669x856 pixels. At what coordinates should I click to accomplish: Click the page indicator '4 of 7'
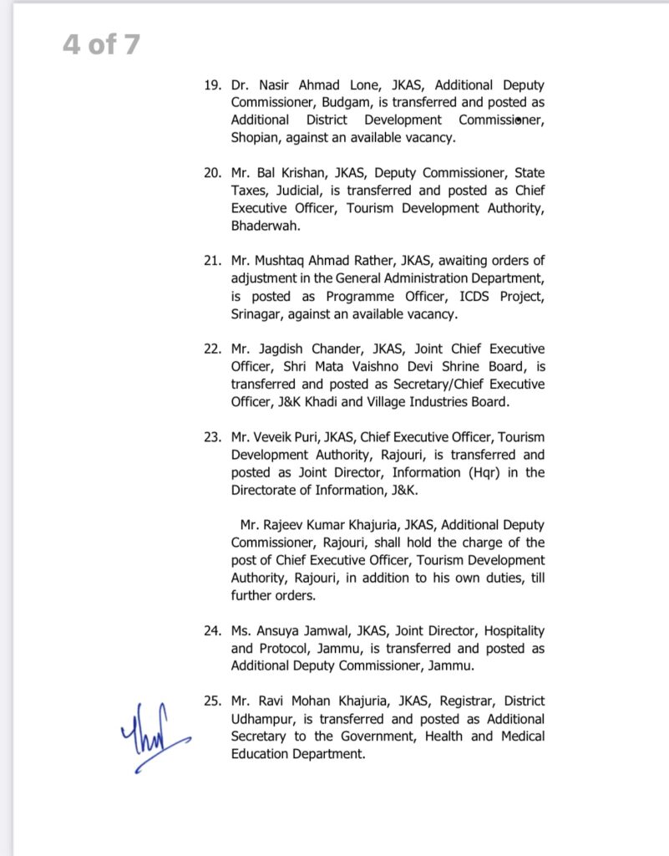coord(101,44)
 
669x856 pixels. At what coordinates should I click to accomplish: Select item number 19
coord(214,85)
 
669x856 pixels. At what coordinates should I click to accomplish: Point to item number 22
coord(214,349)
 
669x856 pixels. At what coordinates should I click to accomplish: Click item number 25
coord(214,701)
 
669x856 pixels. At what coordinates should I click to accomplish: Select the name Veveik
coord(280,437)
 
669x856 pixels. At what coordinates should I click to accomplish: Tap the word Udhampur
coord(265,718)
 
